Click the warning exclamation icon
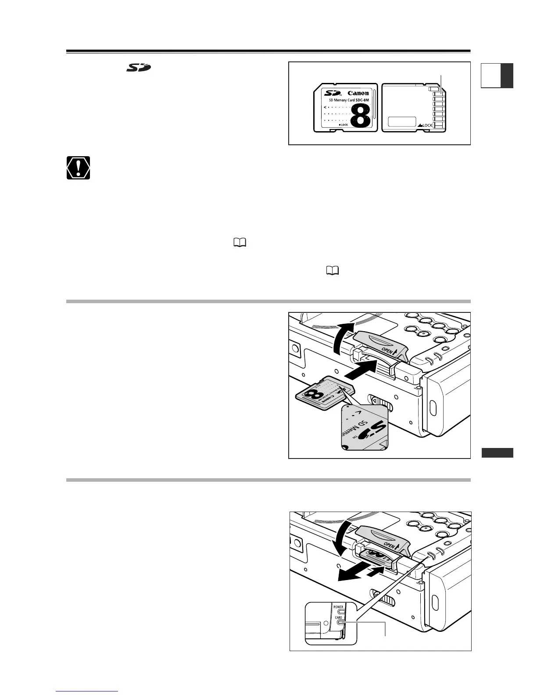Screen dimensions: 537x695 point(79,168)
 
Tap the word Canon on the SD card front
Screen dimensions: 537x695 point(358,93)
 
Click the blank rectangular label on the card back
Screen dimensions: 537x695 point(402,122)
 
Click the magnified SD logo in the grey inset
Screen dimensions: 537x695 point(367,431)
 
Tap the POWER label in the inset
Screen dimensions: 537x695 point(338,607)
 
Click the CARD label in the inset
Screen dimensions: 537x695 point(338,618)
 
